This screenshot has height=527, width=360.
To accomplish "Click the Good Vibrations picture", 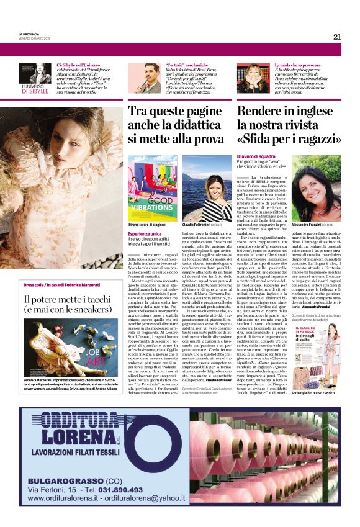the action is coord(152,187).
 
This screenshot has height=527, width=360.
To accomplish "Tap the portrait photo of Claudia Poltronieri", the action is coord(207,187).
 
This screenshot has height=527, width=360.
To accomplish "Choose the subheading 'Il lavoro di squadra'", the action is coord(257,156).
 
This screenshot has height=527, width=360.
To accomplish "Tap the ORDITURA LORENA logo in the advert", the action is coord(97,437).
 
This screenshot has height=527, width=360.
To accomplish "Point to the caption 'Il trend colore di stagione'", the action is coord(146,225).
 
